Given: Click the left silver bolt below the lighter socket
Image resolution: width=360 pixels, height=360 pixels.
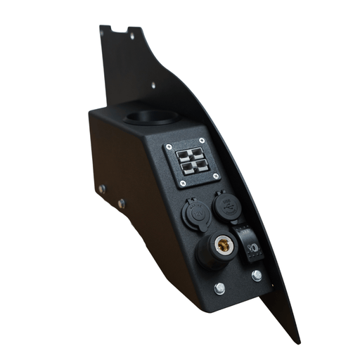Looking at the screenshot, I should coord(220,288).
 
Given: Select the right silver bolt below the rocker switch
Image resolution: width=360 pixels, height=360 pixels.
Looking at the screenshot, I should coord(257,275).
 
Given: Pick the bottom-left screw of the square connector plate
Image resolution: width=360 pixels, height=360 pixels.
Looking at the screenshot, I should coord(183,184).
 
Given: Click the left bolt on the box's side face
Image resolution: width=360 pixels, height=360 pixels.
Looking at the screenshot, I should coord(102,188).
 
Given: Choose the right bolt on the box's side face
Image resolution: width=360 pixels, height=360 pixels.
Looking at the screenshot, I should coord(122,203).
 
